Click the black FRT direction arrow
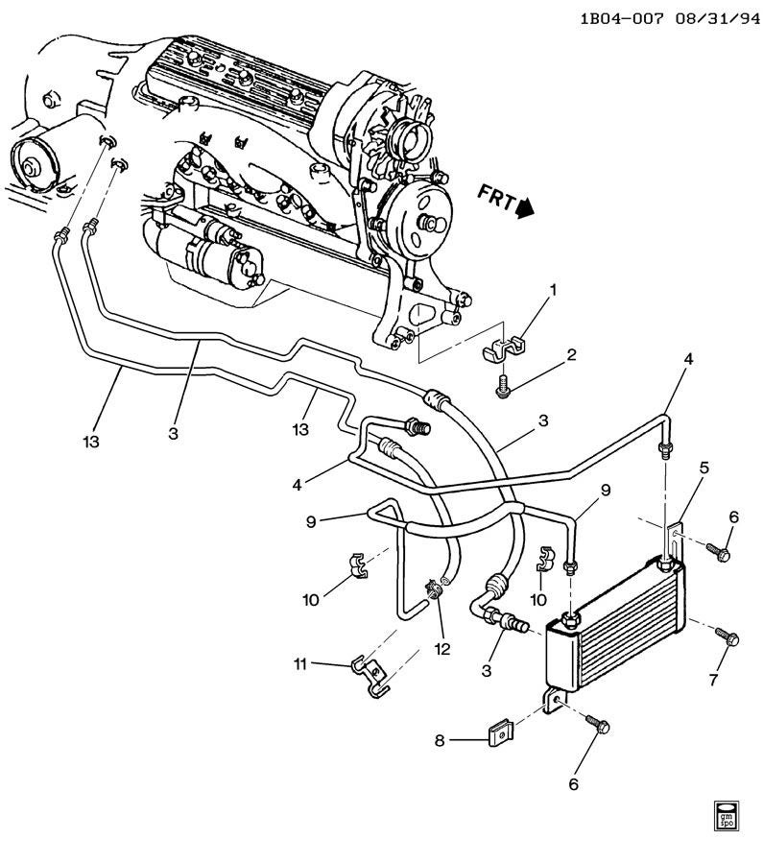pyautogui.click(x=525, y=207)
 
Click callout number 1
pyautogui.click(x=554, y=289)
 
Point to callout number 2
pyautogui.click(x=571, y=354)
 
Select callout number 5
pyautogui.click(x=704, y=468)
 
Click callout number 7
pyautogui.click(x=713, y=680)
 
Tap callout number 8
pyautogui.click(x=439, y=740)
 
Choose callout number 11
pyautogui.click(x=300, y=664)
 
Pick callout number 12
pyautogui.click(x=442, y=649)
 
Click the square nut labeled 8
pyautogui.click(x=501, y=734)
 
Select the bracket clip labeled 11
pyautogui.click(x=370, y=676)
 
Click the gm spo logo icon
pyautogui.click(x=725, y=831)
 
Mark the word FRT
pyautogui.click(x=496, y=197)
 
